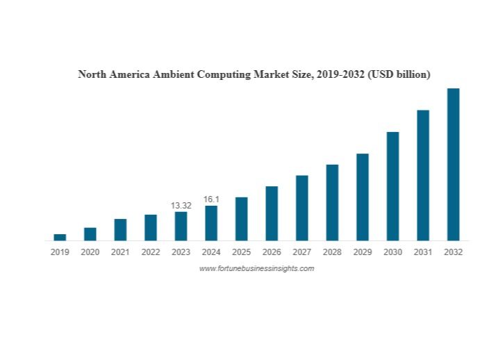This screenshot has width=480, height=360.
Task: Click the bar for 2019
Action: (x=60, y=237)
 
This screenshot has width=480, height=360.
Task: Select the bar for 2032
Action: (x=453, y=164)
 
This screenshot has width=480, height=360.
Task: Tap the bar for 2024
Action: (x=211, y=222)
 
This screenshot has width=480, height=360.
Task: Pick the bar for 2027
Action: (x=301, y=207)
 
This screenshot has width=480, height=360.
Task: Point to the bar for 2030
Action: (x=392, y=186)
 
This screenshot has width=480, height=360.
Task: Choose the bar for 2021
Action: (x=120, y=229)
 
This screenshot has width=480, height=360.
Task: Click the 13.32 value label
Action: (x=181, y=206)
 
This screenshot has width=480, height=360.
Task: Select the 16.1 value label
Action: (x=211, y=199)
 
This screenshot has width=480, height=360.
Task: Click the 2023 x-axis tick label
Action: (x=181, y=252)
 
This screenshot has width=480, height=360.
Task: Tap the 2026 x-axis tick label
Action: (x=272, y=252)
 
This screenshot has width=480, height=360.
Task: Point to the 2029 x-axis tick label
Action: (x=362, y=252)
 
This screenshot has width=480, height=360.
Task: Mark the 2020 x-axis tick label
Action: (x=90, y=252)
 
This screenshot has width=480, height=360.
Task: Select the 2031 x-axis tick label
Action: (x=422, y=252)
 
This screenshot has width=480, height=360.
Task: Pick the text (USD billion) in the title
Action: (x=399, y=74)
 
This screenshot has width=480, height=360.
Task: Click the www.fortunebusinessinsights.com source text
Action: (x=256, y=268)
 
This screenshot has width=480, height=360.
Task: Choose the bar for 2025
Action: (x=241, y=218)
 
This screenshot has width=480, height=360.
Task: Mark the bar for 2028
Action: (x=332, y=202)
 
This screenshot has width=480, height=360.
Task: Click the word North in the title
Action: (x=93, y=74)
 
